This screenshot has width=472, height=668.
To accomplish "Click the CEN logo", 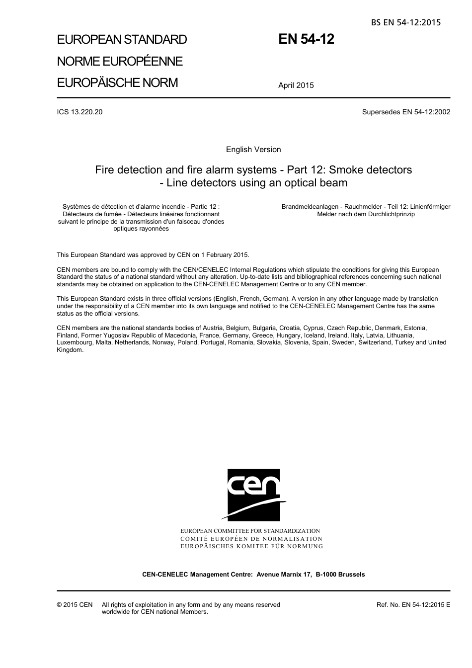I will (253, 495).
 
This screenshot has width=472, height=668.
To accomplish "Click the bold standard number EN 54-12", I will (306, 39).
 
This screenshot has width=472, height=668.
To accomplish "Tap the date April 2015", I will (296, 85).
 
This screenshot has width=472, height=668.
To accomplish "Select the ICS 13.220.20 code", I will (80, 112).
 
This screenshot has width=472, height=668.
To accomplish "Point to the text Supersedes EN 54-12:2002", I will (406, 112).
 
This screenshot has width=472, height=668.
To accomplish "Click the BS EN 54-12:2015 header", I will (405, 22).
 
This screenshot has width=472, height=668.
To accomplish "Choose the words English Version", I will (253, 150).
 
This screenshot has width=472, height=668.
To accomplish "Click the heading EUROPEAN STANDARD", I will (122, 40).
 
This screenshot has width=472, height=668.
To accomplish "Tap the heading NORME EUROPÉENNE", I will (120, 61).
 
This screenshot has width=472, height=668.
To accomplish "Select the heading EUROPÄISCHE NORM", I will (117, 83).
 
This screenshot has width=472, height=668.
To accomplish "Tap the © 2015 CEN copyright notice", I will (75, 605).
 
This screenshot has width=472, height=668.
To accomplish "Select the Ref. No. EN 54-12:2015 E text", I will (413, 605).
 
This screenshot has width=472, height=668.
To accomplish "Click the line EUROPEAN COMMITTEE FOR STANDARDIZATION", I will (250, 531).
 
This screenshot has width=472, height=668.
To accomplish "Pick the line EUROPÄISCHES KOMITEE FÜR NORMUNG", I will (251, 546).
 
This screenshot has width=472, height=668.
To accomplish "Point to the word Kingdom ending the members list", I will (70, 350).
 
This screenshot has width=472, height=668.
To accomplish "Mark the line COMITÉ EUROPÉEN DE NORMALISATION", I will (251, 538).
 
